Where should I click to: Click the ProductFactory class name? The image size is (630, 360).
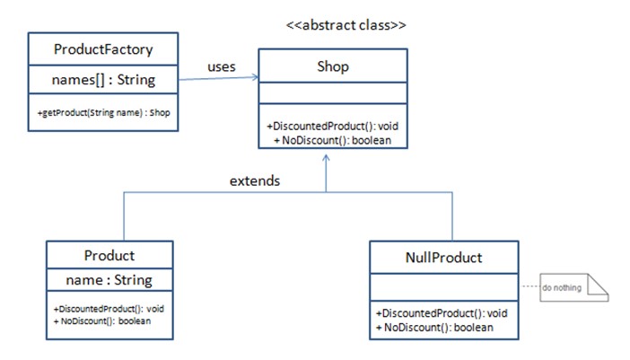coord(103,49)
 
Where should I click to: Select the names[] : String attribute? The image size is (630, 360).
coord(103,80)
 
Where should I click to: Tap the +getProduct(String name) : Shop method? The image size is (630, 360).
coord(104,112)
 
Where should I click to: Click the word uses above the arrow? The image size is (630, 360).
coord(222,66)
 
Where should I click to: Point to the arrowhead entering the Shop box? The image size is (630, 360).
coord(255,76)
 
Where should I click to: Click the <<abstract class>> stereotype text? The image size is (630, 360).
coord(346,25)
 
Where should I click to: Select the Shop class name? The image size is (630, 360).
coord(333,66)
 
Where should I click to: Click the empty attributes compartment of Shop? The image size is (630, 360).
coord(333,92)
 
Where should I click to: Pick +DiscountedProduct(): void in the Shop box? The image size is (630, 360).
coord(333,127)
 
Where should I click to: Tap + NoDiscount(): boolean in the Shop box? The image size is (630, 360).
coord(333,140)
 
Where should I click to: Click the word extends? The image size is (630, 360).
coord(255,180)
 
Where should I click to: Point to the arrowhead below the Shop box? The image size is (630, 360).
coord(326,158)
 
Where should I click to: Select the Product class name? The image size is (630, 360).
coord(109,256)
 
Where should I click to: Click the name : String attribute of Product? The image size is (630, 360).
coord(109,279)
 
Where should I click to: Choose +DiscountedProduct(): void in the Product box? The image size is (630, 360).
coord(109,309)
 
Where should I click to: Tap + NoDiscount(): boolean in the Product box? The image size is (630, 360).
coord(102,321)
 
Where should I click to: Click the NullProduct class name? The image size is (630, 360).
coord(443,258)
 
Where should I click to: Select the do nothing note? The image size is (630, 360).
coord(573,287)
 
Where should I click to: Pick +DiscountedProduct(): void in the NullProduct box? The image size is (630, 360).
coord(442,313)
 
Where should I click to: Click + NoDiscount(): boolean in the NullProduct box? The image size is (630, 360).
coord(434,328)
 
